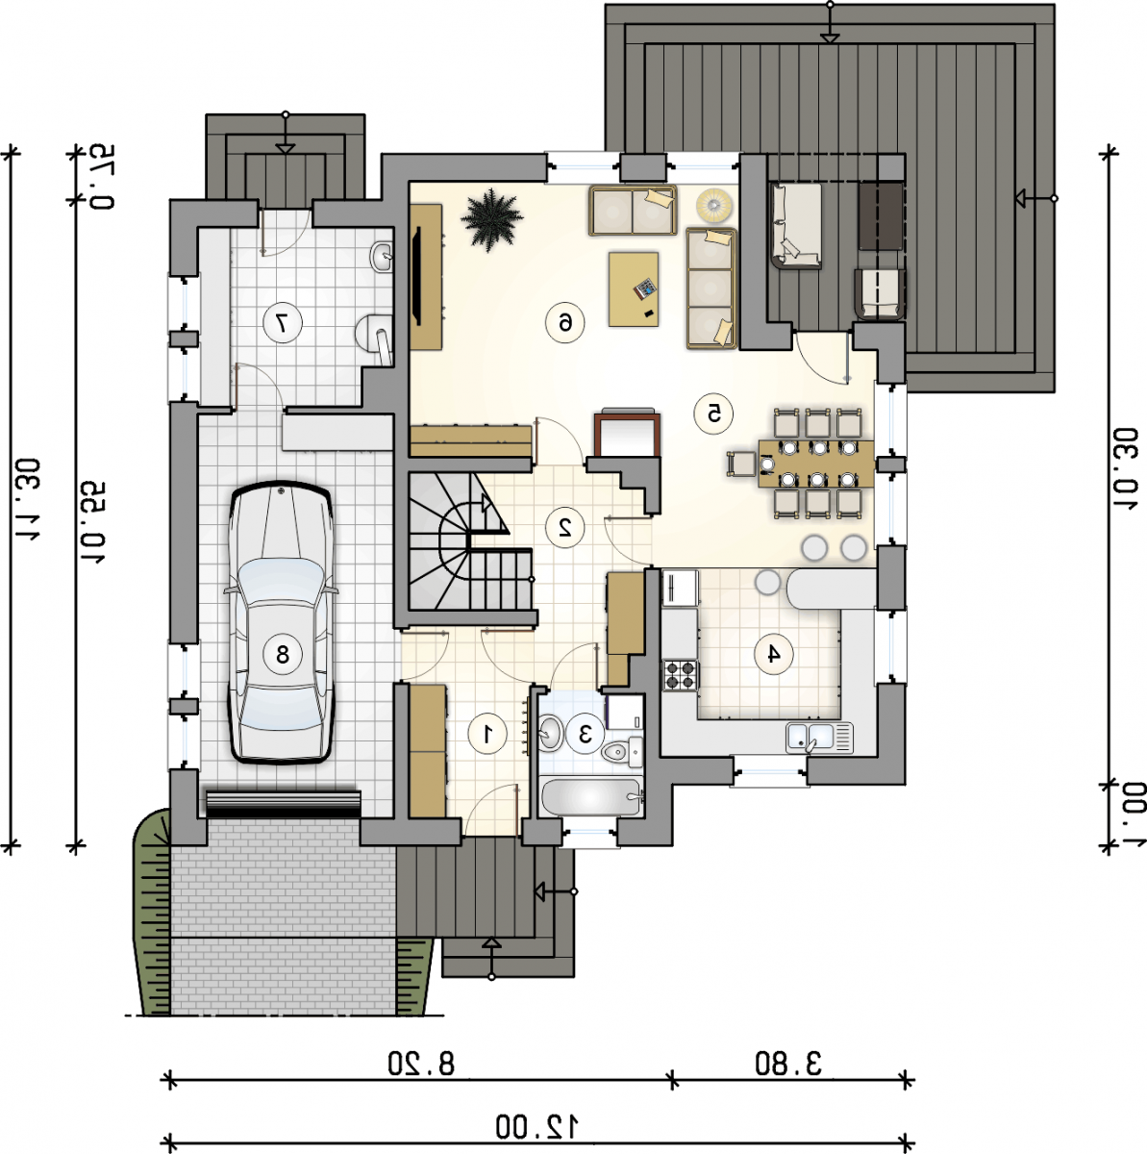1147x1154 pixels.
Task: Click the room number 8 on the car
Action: pos(283,654)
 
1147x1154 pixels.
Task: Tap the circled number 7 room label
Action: pos(283,323)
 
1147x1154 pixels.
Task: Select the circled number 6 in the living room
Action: pos(564,323)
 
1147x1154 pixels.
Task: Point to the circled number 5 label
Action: pos(713,414)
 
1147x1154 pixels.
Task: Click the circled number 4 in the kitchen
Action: pos(774,654)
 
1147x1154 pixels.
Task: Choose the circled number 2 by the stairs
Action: pos(564,527)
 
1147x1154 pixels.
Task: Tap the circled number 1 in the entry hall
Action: pos(487,733)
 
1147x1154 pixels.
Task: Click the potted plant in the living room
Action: pos(491,220)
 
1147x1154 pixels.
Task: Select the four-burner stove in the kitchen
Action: pos(681,675)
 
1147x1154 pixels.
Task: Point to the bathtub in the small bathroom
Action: pos(591,796)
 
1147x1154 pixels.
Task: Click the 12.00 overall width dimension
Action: pos(537,1127)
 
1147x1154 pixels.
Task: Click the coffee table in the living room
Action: pos(633,289)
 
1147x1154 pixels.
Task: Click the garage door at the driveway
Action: pos(284,804)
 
